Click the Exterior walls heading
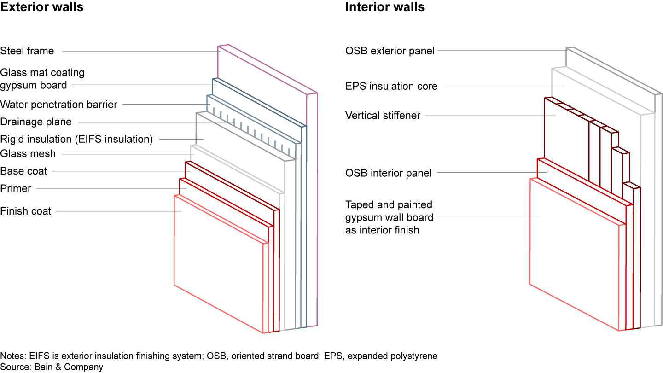(42, 7)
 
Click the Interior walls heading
(385, 7)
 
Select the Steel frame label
(27, 51)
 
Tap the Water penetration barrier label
(58, 105)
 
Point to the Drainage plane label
(36, 122)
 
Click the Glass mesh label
(28, 154)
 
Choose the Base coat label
(24, 171)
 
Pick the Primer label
(16, 189)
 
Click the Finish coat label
(26, 211)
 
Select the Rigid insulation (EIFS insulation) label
(76, 139)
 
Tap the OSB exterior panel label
(390, 51)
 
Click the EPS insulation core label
(391, 87)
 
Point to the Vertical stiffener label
(383, 115)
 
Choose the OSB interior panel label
(389, 173)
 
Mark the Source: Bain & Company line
(52, 367)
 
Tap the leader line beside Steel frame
(138, 51)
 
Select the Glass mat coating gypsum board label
(42, 79)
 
